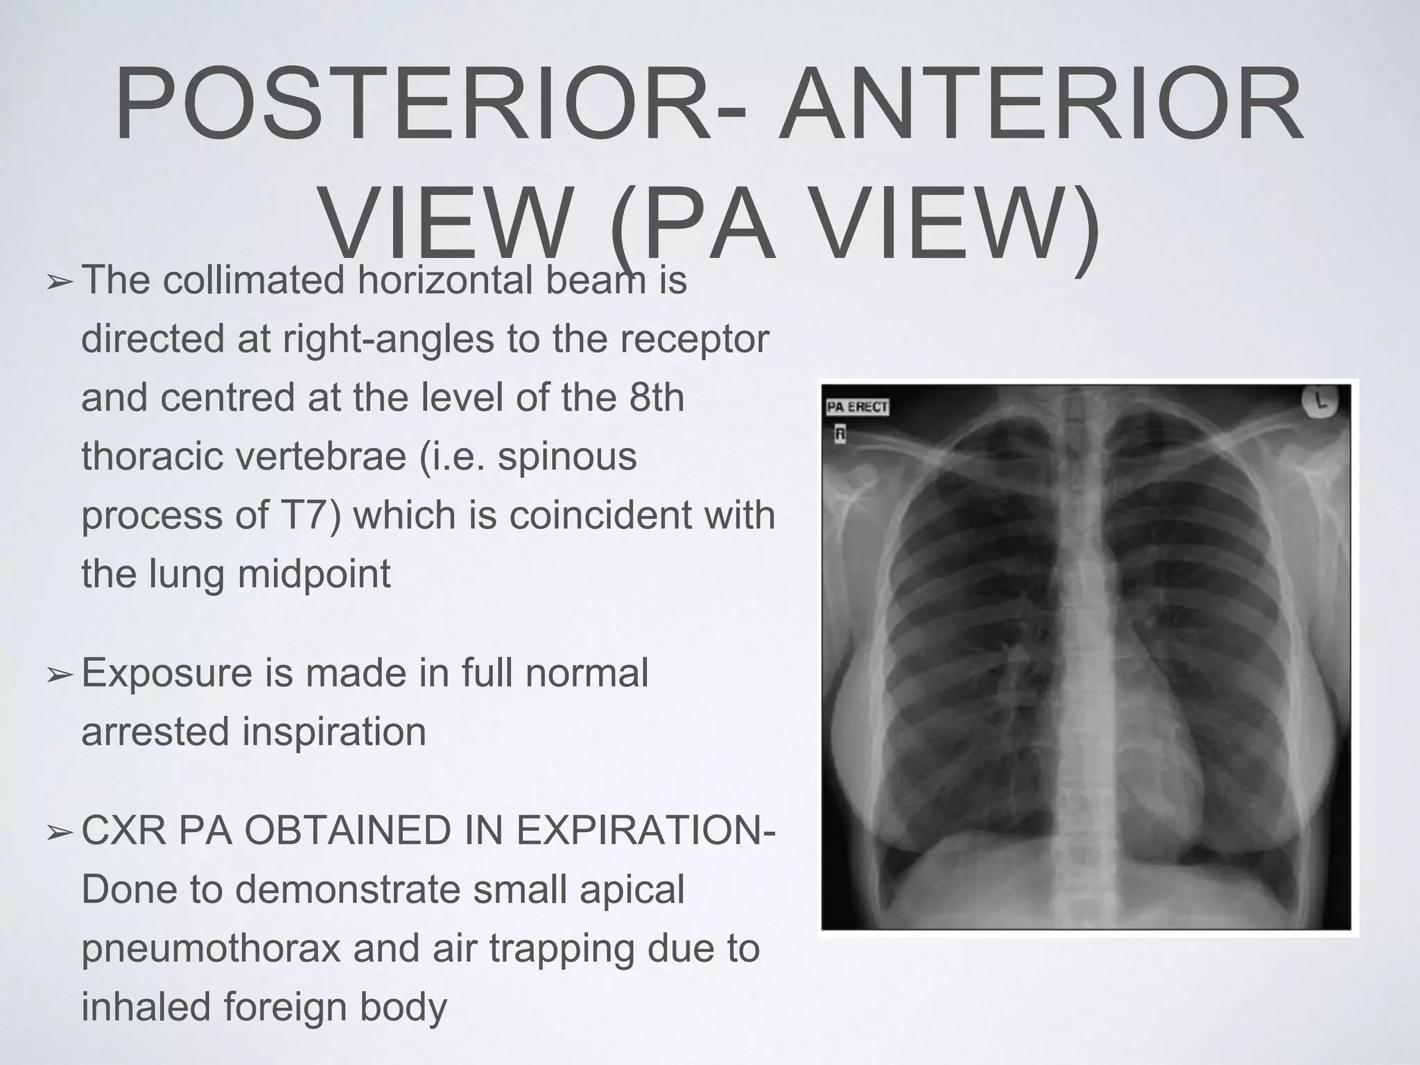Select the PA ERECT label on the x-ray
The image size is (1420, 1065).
coord(857,407)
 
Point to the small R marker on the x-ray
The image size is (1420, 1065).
coord(840,435)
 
